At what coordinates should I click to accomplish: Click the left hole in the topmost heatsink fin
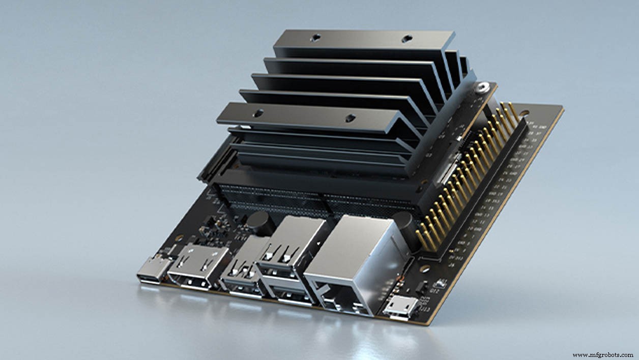(x=315, y=37)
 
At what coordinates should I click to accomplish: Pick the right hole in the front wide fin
(x=350, y=119)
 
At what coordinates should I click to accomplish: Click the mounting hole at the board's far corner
(x=524, y=112)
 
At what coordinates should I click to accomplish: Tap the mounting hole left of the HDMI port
(x=179, y=238)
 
